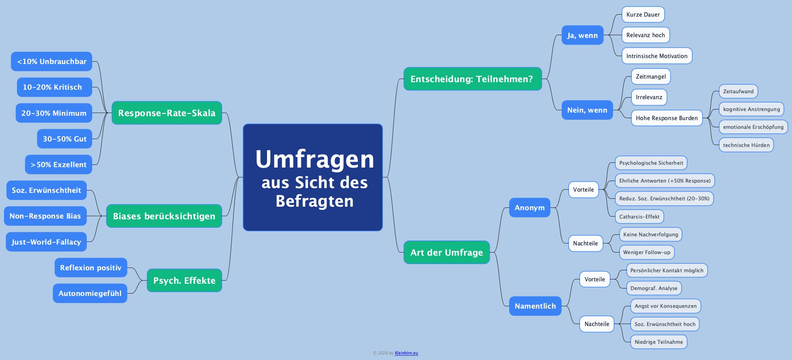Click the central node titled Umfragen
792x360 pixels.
(x=313, y=177)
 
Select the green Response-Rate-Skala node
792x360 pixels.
(x=167, y=113)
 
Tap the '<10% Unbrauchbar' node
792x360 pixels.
(x=52, y=62)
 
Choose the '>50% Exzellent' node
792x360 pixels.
(x=58, y=165)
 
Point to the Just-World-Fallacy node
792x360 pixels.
(x=46, y=242)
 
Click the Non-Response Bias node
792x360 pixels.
(x=45, y=216)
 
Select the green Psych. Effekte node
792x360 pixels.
(x=184, y=281)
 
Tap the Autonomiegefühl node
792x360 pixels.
(x=90, y=293)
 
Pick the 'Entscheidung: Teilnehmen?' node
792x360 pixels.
(x=472, y=79)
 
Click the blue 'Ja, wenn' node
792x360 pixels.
(x=582, y=35)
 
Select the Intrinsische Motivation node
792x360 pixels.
(x=657, y=56)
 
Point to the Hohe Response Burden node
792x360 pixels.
(x=666, y=118)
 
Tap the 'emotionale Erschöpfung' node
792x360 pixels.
(x=753, y=127)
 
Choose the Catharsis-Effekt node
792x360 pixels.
(x=639, y=217)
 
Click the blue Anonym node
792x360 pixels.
(x=529, y=208)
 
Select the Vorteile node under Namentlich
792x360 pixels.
(x=594, y=279)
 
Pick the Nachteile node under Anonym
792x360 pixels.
(x=585, y=243)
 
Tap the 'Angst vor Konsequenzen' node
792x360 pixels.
(x=665, y=306)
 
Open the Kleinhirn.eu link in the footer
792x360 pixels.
(x=406, y=353)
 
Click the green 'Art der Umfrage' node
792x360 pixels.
(x=446, y=253)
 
